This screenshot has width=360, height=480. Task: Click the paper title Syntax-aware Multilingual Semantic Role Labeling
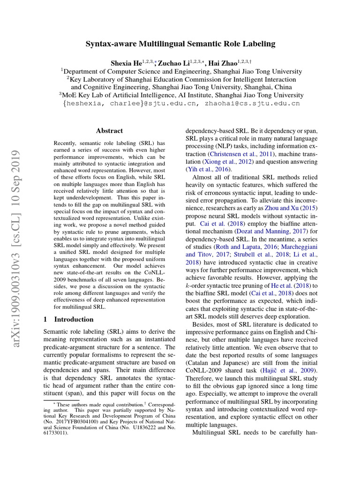[180, 44]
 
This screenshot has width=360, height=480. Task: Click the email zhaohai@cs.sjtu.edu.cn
[252, 104]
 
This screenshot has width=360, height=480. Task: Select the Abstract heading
[109, 131]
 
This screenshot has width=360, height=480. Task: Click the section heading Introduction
[74, 319]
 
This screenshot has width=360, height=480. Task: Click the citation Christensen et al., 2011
[240, 153]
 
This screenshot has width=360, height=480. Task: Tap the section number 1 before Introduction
[45, 319]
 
